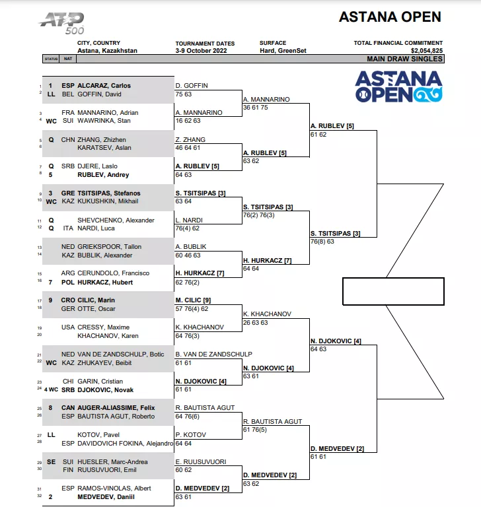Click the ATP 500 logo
(x=61, y=23)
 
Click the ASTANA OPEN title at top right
(x=390, y=17)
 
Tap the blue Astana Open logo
(x=399, y=86)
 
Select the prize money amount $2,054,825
(x=427, y=50)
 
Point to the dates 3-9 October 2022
(x=201, y=50)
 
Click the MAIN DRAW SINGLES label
(x=404, y=59)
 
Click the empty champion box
(x=393, y=291)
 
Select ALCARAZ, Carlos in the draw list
(x=104, y=86)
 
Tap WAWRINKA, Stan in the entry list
(x=104, y=121)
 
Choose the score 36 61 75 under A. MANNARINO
(x=256, y=108)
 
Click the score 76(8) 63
(x=322, y=241)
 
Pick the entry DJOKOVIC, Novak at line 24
(x=105, y=390)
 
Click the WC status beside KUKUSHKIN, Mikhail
(x=51, y=202)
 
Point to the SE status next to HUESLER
(x=51, y=461)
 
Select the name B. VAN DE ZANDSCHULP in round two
(x=213, y=354)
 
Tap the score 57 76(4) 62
(x=192, y=309)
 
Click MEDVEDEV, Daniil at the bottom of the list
(x=106, y=497)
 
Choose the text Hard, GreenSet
(x=283, y=50)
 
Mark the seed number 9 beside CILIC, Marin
(x=50, y=300)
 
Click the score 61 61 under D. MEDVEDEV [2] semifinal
(x=318, y=457)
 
